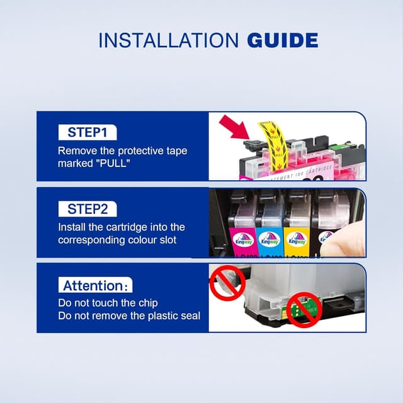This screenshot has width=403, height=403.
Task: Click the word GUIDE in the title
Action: tap(282, 40)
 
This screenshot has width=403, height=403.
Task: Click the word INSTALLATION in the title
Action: tap(168, 40)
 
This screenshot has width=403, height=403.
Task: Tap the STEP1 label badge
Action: tap(88, 132)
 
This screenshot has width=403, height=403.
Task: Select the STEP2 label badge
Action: tap(88, 208)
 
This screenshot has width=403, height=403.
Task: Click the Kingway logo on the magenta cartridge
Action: tap(244, 239)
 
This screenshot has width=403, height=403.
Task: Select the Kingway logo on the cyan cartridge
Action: tap(270, 239)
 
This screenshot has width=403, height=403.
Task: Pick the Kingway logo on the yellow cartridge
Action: tap(297, 239)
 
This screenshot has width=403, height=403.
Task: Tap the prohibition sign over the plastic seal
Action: tap(226, 283)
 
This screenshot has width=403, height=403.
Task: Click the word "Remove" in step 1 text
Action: tap(76, 151)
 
